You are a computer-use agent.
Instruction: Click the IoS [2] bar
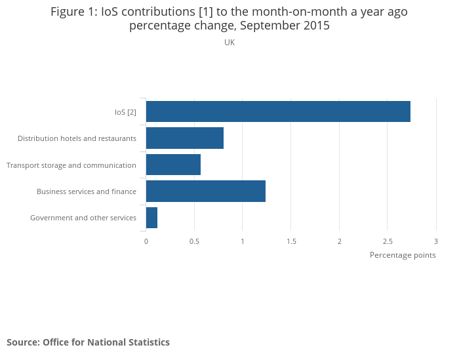click(278, 111)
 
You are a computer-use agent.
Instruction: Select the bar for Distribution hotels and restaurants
click(185, 138)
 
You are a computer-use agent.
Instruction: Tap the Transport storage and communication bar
click(173, 165)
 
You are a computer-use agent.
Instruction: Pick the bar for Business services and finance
click(206, 191)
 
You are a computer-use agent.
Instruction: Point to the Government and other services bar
click(151, 218)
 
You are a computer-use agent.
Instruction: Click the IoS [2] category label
click(125, 112)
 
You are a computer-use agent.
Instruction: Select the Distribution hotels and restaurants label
click(77, 138)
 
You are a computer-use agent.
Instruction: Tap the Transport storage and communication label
click(71, 165)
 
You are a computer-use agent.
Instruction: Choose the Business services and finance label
click(87, 191)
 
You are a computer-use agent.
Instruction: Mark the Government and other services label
click(83, 218)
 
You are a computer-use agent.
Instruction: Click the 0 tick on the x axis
click(146, 241)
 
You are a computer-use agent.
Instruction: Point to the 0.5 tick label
click(194, 241)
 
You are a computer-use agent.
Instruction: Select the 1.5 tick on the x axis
click(291, 241)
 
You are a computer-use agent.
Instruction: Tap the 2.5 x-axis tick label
click(388, 241)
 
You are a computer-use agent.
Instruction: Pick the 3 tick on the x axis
click(436, 241)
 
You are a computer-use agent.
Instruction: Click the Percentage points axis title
click(403, 255)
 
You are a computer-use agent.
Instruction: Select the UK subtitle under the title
click(229, 43)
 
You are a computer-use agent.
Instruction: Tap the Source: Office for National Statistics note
click(88, 342)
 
